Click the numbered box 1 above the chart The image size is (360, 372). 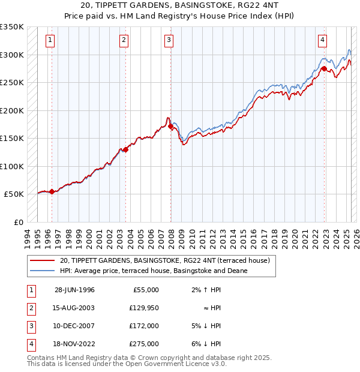[49, 40]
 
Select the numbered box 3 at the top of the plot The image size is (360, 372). [169, 40]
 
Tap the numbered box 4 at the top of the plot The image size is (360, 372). [322, 40]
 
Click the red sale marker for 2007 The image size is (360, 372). [171, 127]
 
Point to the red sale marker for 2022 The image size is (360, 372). [323, 69]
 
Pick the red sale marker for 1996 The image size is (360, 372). [52, 191]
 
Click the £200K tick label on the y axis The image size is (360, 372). [12, 110]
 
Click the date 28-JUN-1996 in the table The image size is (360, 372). [74, 290]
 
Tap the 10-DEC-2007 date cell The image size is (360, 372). [74, 326]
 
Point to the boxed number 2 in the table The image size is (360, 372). [30, 308]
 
